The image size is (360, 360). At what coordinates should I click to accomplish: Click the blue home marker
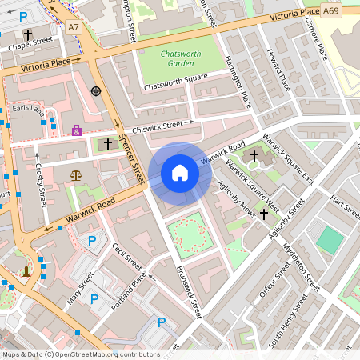pyautogui.click(x=180, y=173)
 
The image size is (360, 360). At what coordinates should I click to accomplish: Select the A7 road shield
pyautogui.click(x=74, y=26)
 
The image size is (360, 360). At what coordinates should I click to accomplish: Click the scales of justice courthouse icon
pyautogui.click(x=77, y=174)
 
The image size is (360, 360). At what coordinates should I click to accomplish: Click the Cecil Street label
pyautogui.click(x=126, y=257)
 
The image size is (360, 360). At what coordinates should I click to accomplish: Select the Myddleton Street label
pyautogui.click(x=302, y=267)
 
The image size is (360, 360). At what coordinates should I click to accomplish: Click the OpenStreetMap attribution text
pyautogui.click(x=81, y=354)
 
